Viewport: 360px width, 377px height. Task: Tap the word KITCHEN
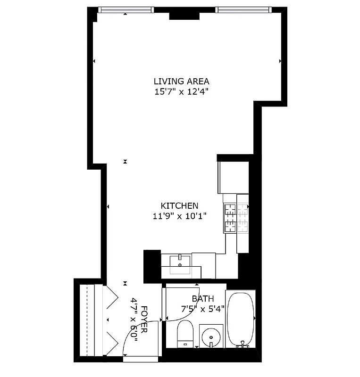point(179,205)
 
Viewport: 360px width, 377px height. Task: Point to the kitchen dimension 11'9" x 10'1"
point(179,216)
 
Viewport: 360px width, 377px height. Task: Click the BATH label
point(202,299)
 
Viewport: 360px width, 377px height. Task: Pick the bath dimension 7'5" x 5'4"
point(203,309)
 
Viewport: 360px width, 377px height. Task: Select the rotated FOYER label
point(143,320)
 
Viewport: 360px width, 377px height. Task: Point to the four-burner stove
point(236,218)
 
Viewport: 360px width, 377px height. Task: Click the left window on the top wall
point(126,9)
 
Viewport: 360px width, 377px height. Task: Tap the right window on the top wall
point(243,9)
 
